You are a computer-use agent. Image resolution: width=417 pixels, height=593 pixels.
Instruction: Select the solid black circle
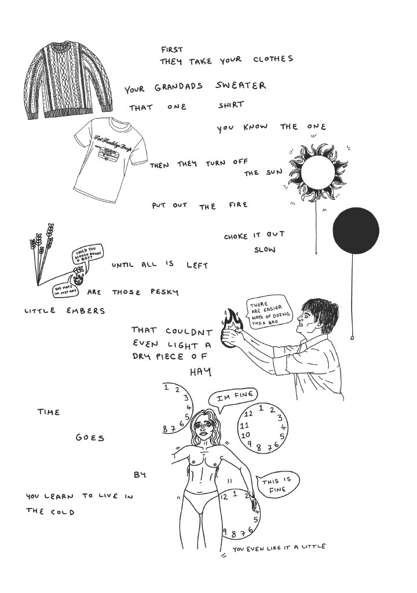[x=356, y=230]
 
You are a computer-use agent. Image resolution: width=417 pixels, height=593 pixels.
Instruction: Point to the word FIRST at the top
[x=172, y=50]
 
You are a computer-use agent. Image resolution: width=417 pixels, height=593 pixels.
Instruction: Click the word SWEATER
[x=241, y=86]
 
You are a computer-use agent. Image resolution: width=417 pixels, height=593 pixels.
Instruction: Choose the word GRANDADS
[x=178, y=87]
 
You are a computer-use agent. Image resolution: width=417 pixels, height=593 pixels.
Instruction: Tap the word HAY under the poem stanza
[x=200, y=371]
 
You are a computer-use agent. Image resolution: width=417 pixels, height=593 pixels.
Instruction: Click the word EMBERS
[x=86, y=311]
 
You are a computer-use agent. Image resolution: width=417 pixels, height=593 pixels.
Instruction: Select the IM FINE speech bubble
[x=236, y=397]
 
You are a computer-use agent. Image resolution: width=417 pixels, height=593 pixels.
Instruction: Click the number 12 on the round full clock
[x=248, y=413]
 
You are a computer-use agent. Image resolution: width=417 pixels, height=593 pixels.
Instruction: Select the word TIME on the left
[x=49, y=412]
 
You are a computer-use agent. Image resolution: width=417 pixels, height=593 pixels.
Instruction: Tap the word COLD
[x=62, y=512]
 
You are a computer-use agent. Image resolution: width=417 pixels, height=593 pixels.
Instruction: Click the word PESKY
[x=164, y=292]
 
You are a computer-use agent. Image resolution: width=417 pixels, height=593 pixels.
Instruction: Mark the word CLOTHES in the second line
[x=273, y=60]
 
